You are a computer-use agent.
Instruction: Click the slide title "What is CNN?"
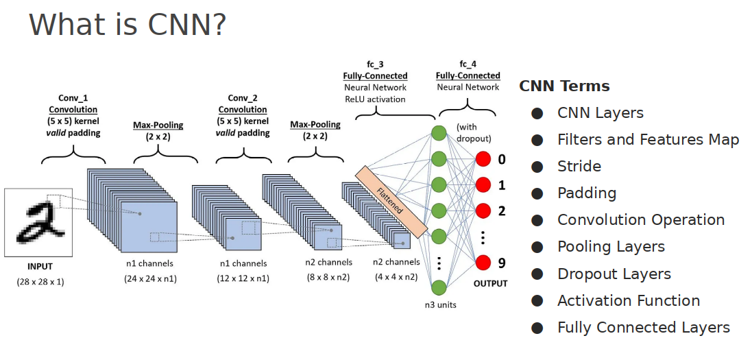(128, 25)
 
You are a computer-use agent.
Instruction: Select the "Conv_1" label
(73, 97)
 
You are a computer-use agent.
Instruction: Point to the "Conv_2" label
(242, 97)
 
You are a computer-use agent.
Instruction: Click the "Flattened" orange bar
(391, 199)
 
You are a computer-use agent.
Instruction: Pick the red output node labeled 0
(484, 159)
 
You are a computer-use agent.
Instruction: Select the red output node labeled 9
(484, 262)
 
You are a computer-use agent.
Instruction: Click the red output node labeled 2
(484, 211)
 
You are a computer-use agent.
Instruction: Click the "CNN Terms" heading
(564, 86)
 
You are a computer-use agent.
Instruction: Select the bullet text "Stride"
(579, 167)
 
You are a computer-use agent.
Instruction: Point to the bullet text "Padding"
(587, 193)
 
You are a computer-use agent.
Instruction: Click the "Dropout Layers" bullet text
(614, 274)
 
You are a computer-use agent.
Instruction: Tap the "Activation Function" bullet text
(629, 300)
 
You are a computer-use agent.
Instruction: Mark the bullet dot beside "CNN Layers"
(537, 113)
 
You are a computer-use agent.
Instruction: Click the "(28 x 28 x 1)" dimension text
(40, 281)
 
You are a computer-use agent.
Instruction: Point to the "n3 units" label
(439, 304)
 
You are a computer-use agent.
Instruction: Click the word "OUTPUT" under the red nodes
(490, 283)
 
